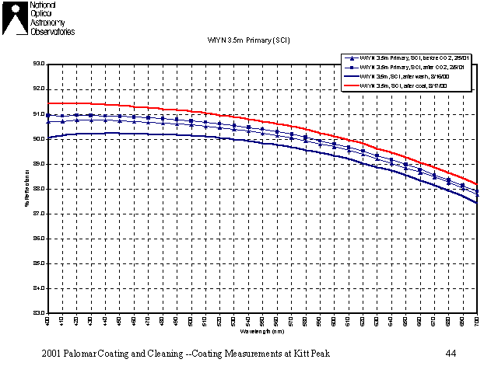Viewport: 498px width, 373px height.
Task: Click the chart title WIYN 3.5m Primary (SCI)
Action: [248, 40]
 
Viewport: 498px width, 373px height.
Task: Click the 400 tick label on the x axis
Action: [47, 321]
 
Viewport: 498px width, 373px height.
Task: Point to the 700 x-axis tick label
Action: [475, 321]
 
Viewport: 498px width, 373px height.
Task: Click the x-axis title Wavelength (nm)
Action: [261, 331]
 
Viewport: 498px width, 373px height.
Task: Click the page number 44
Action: [451, 354]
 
